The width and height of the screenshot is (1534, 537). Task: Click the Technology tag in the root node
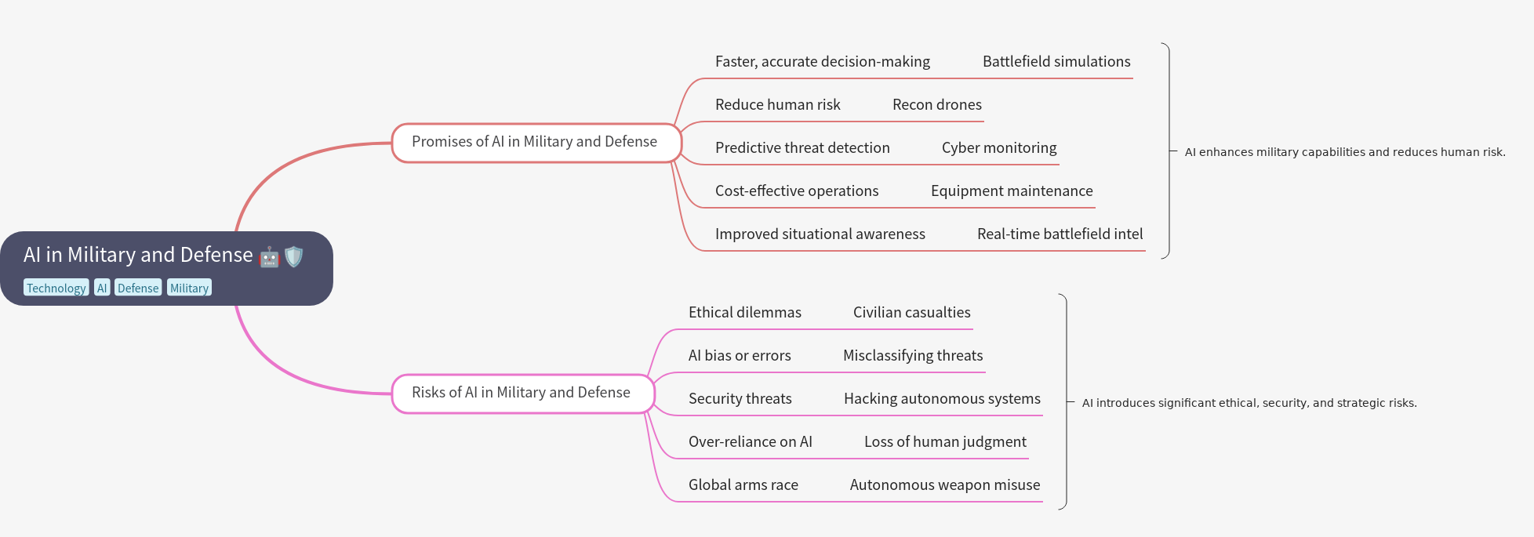pos(56,288)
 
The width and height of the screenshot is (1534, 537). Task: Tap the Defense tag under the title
pos(138,288)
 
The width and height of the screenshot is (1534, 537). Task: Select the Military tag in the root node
pos(189,288)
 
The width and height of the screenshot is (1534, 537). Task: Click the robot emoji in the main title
pos(269,256)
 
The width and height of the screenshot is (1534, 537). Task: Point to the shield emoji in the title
pos(293,256)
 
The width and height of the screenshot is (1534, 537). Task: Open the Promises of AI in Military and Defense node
pos(536,142)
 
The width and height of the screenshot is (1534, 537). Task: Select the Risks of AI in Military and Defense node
pos(522,393)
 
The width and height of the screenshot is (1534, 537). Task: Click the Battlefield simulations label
pos(1056,61)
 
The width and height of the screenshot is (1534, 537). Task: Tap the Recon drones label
pos(936,104)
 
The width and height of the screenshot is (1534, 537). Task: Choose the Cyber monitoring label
pos(998,147)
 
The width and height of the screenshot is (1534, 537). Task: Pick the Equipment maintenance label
pos(1011,190)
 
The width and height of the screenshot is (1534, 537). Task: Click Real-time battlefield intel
pos(1060,234)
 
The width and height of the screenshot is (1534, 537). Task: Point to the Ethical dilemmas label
pos(744,312)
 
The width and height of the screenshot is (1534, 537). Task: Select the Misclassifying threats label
pos(912,355)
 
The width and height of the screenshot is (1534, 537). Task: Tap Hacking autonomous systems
pos(942,398)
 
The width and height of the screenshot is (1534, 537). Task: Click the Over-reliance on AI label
pos(750,441)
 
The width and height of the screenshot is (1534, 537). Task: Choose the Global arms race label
pos(743,484)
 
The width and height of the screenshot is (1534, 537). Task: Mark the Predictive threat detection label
pos(802,147)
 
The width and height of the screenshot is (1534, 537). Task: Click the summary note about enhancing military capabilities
pos(1344,152)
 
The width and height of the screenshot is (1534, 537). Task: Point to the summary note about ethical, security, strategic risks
pos(1249,403)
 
